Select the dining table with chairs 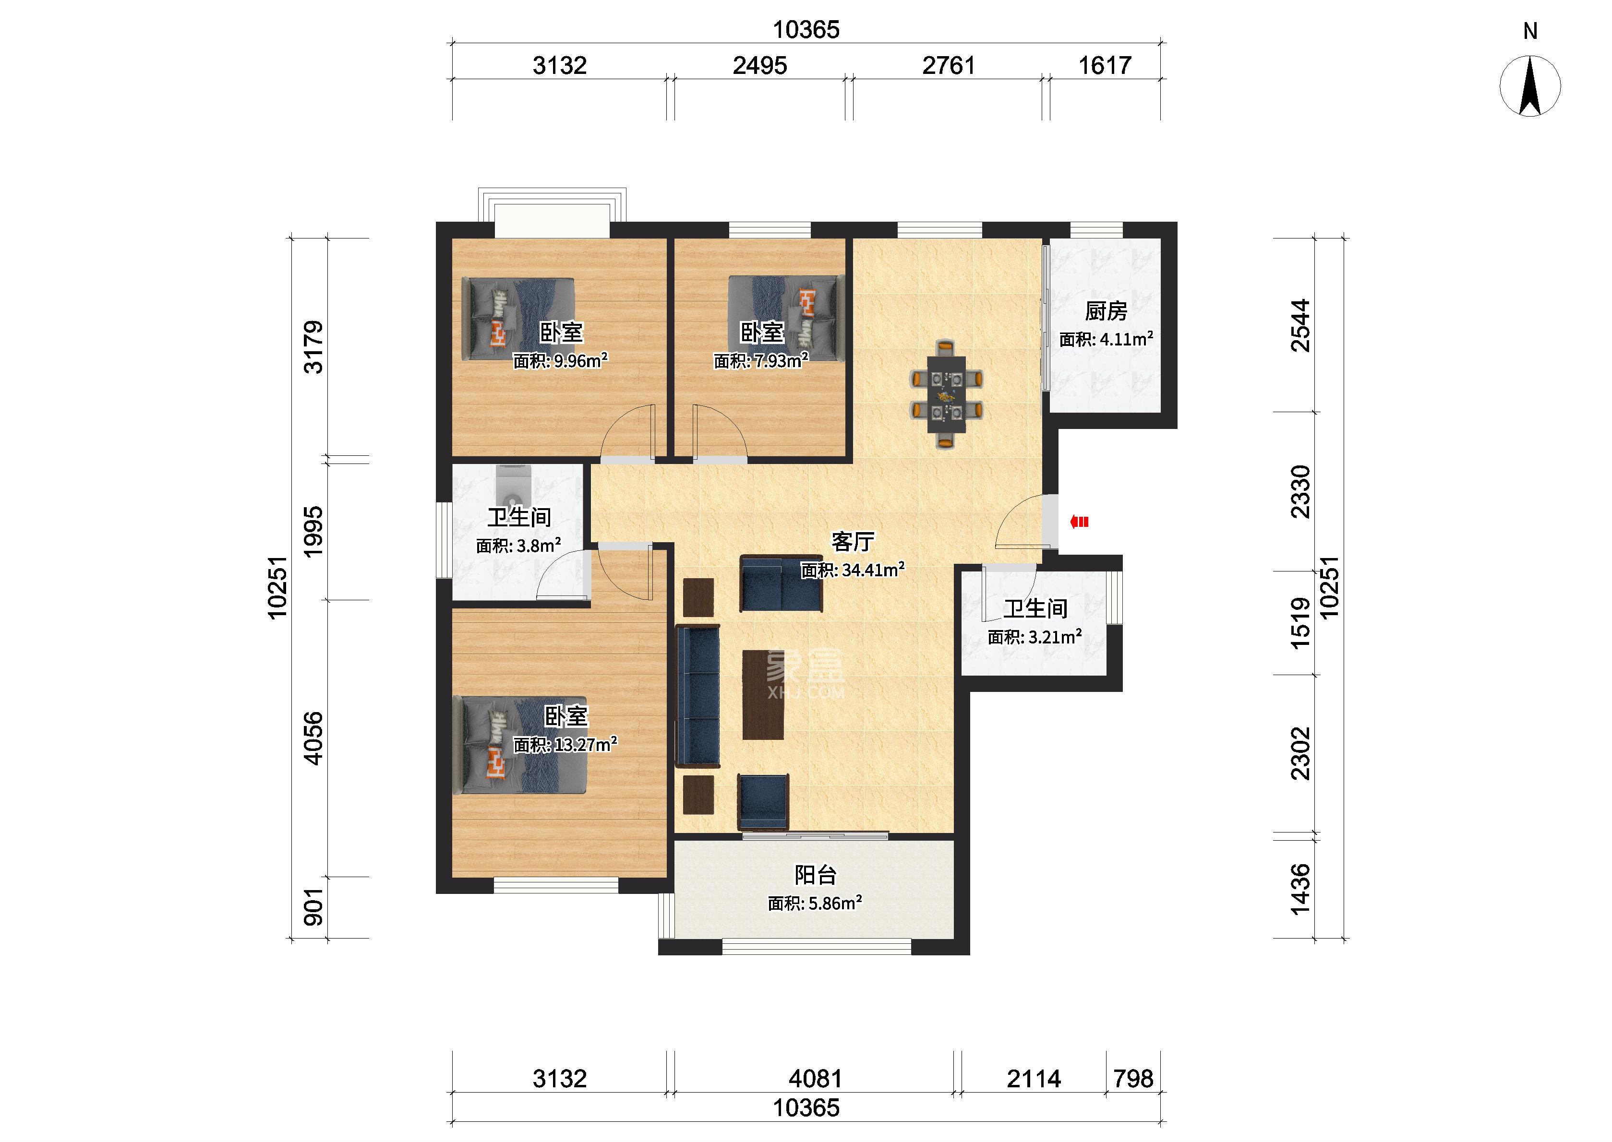coord(947,394)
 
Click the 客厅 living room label coord(853,541)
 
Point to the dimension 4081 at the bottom coord(815,1078)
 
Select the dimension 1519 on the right coord(1301,622)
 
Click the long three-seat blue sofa coord(698,695)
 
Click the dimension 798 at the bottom coord(1133,1078)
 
